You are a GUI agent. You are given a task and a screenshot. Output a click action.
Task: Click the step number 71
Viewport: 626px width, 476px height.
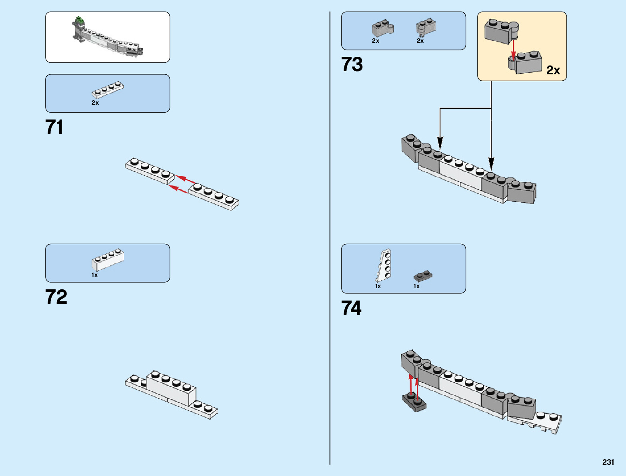pos(54,127)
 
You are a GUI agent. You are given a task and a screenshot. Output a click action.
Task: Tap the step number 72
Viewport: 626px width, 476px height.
pos(56,297)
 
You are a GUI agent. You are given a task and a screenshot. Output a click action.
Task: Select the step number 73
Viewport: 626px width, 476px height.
pos(352,64)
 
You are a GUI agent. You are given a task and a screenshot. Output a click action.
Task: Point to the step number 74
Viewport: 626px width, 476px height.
pos(351,308)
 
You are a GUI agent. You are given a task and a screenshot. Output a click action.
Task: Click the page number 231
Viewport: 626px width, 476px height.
pos(608,462)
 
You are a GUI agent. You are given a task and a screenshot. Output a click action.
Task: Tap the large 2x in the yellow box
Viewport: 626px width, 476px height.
pos(553,70)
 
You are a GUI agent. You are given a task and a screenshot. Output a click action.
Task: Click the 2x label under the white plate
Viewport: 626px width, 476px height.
pos(95,103)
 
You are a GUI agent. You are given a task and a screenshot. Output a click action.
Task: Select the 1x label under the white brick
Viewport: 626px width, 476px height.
pos(94,275)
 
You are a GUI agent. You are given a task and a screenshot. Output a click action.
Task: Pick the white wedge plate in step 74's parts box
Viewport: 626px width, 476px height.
pos(383,265)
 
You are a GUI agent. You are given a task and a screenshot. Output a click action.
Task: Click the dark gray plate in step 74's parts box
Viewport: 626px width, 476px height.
pos(423,276)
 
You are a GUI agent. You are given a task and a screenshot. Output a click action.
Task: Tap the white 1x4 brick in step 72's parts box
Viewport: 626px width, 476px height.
pos(108,259)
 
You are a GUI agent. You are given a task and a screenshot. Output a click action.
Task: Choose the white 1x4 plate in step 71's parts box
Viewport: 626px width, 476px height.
pos(108,90)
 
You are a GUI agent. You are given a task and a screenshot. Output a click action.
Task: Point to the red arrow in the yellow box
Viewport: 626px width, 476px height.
pos(513,50)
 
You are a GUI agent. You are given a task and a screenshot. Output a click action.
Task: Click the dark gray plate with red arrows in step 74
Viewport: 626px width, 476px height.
pos(414,402)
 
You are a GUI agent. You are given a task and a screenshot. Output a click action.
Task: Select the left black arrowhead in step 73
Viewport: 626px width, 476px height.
pos(440,143)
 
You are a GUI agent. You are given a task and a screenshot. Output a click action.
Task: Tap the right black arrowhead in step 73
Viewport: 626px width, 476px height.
pos(491,164)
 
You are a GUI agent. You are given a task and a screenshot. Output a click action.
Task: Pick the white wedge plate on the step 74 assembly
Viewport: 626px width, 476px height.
pos(535,423)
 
